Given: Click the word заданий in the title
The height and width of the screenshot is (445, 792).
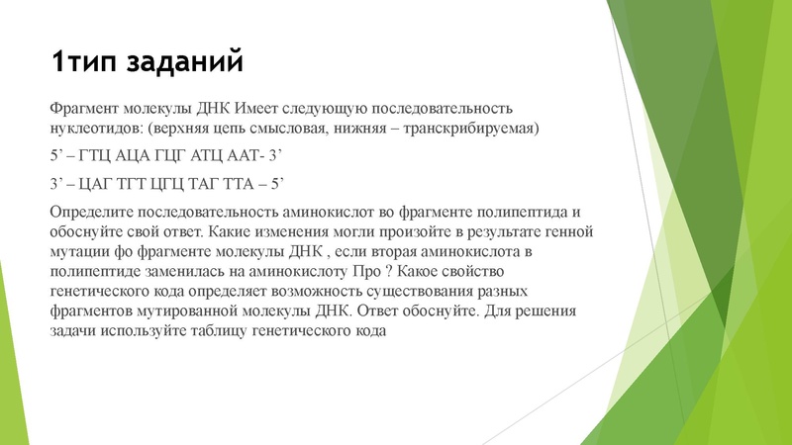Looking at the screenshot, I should coord(188,63).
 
